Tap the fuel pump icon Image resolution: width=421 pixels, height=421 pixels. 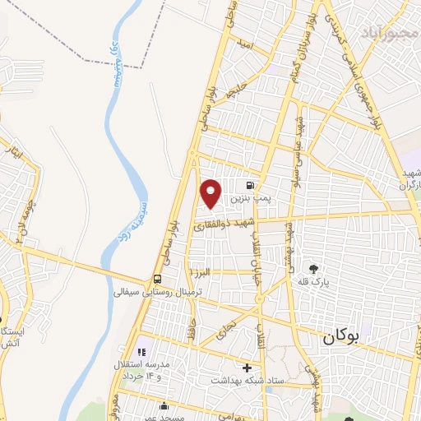point(248,186)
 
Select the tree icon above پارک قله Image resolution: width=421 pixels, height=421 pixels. point(312,268)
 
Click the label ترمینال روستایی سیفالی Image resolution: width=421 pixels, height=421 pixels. point(145,291)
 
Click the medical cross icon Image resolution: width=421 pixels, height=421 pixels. point(247,367)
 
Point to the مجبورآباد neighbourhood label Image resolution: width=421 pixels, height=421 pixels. point(389,32)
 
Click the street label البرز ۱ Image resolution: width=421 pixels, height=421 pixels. point(200,271)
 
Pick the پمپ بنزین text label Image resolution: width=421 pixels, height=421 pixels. point(248,199)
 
